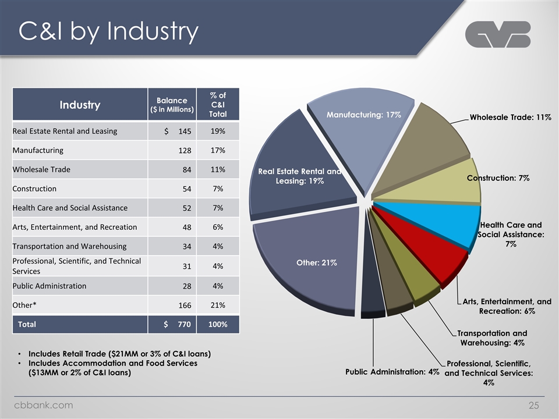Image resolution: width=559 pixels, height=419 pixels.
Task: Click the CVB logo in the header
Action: (x=498, y=34)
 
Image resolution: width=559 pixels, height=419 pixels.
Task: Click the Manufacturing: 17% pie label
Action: (x=363, y=115)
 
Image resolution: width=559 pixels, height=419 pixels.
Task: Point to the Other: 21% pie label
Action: (x=317, y=262)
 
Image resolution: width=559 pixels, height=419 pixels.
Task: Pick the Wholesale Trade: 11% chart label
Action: (x=511, y=117)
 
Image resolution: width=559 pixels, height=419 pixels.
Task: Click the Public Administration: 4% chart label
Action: (x=392, y=372)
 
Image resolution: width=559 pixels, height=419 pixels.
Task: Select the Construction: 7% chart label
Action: (x=498, y=178)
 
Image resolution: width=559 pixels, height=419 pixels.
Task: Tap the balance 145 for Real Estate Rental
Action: (x=185, y=131)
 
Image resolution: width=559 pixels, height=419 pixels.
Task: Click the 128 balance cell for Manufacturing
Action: (x=185, y=150)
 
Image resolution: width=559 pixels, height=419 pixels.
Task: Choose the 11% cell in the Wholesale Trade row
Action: (x=218, y=169)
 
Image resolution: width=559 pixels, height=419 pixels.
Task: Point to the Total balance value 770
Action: (x=184, y=324)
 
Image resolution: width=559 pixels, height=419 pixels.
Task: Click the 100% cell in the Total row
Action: (x=218, y=324)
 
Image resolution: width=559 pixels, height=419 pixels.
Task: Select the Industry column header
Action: (x=80, y=105)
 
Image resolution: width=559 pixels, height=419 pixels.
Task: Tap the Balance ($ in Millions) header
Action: (x=172, y=105)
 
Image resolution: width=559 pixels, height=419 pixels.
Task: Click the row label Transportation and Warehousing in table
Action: (x=69, y=246)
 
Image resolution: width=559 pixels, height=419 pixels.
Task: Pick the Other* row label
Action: (x=24, y=305)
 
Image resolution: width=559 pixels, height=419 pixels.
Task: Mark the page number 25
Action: (x=534, y=406)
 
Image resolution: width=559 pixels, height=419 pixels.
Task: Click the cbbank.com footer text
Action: (x=44, y=405)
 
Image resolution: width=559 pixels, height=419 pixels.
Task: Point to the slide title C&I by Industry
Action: (x=108, y=31)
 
